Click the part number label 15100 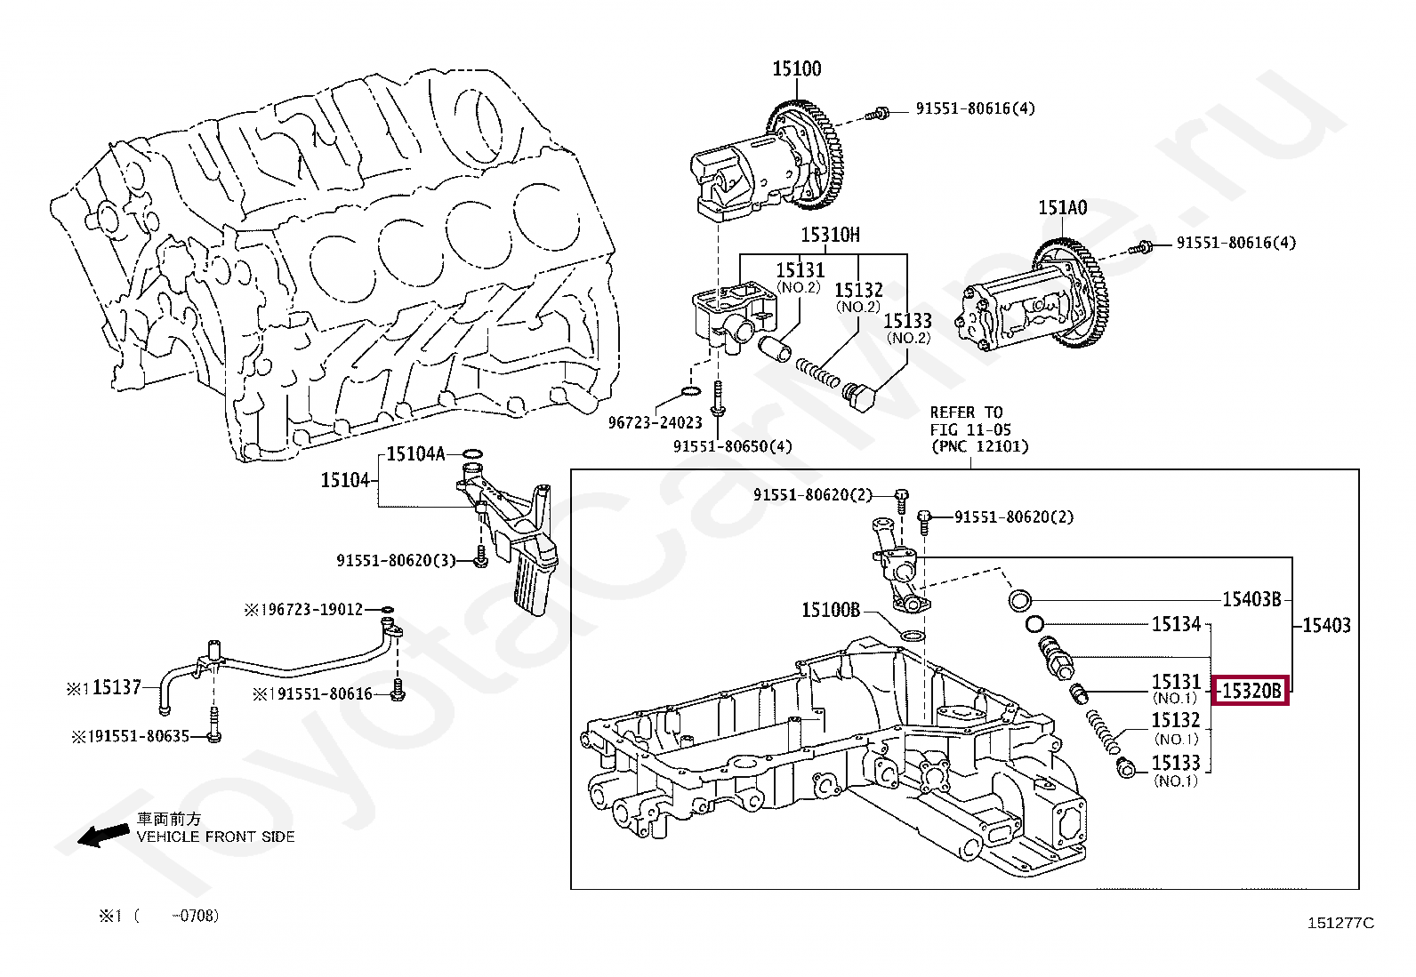[x=796, y=68]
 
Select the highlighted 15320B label [x=1252, y=690]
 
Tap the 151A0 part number [x=1062, y=208]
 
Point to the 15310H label [x=830, y=235]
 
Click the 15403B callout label [x=1251, y=599]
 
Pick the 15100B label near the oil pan [x=831, y=610]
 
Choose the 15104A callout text [x=414, y=454]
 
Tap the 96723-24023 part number [x=656, y=423]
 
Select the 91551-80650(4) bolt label [x=732, y=446]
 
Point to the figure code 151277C [x=1340, y=923]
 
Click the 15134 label [x=1176, y=625]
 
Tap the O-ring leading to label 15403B [x=1020, y=600]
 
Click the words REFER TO [x=966, y=412]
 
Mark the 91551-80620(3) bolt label [x=396, y=560]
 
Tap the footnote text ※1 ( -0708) [x=158, y=916]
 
